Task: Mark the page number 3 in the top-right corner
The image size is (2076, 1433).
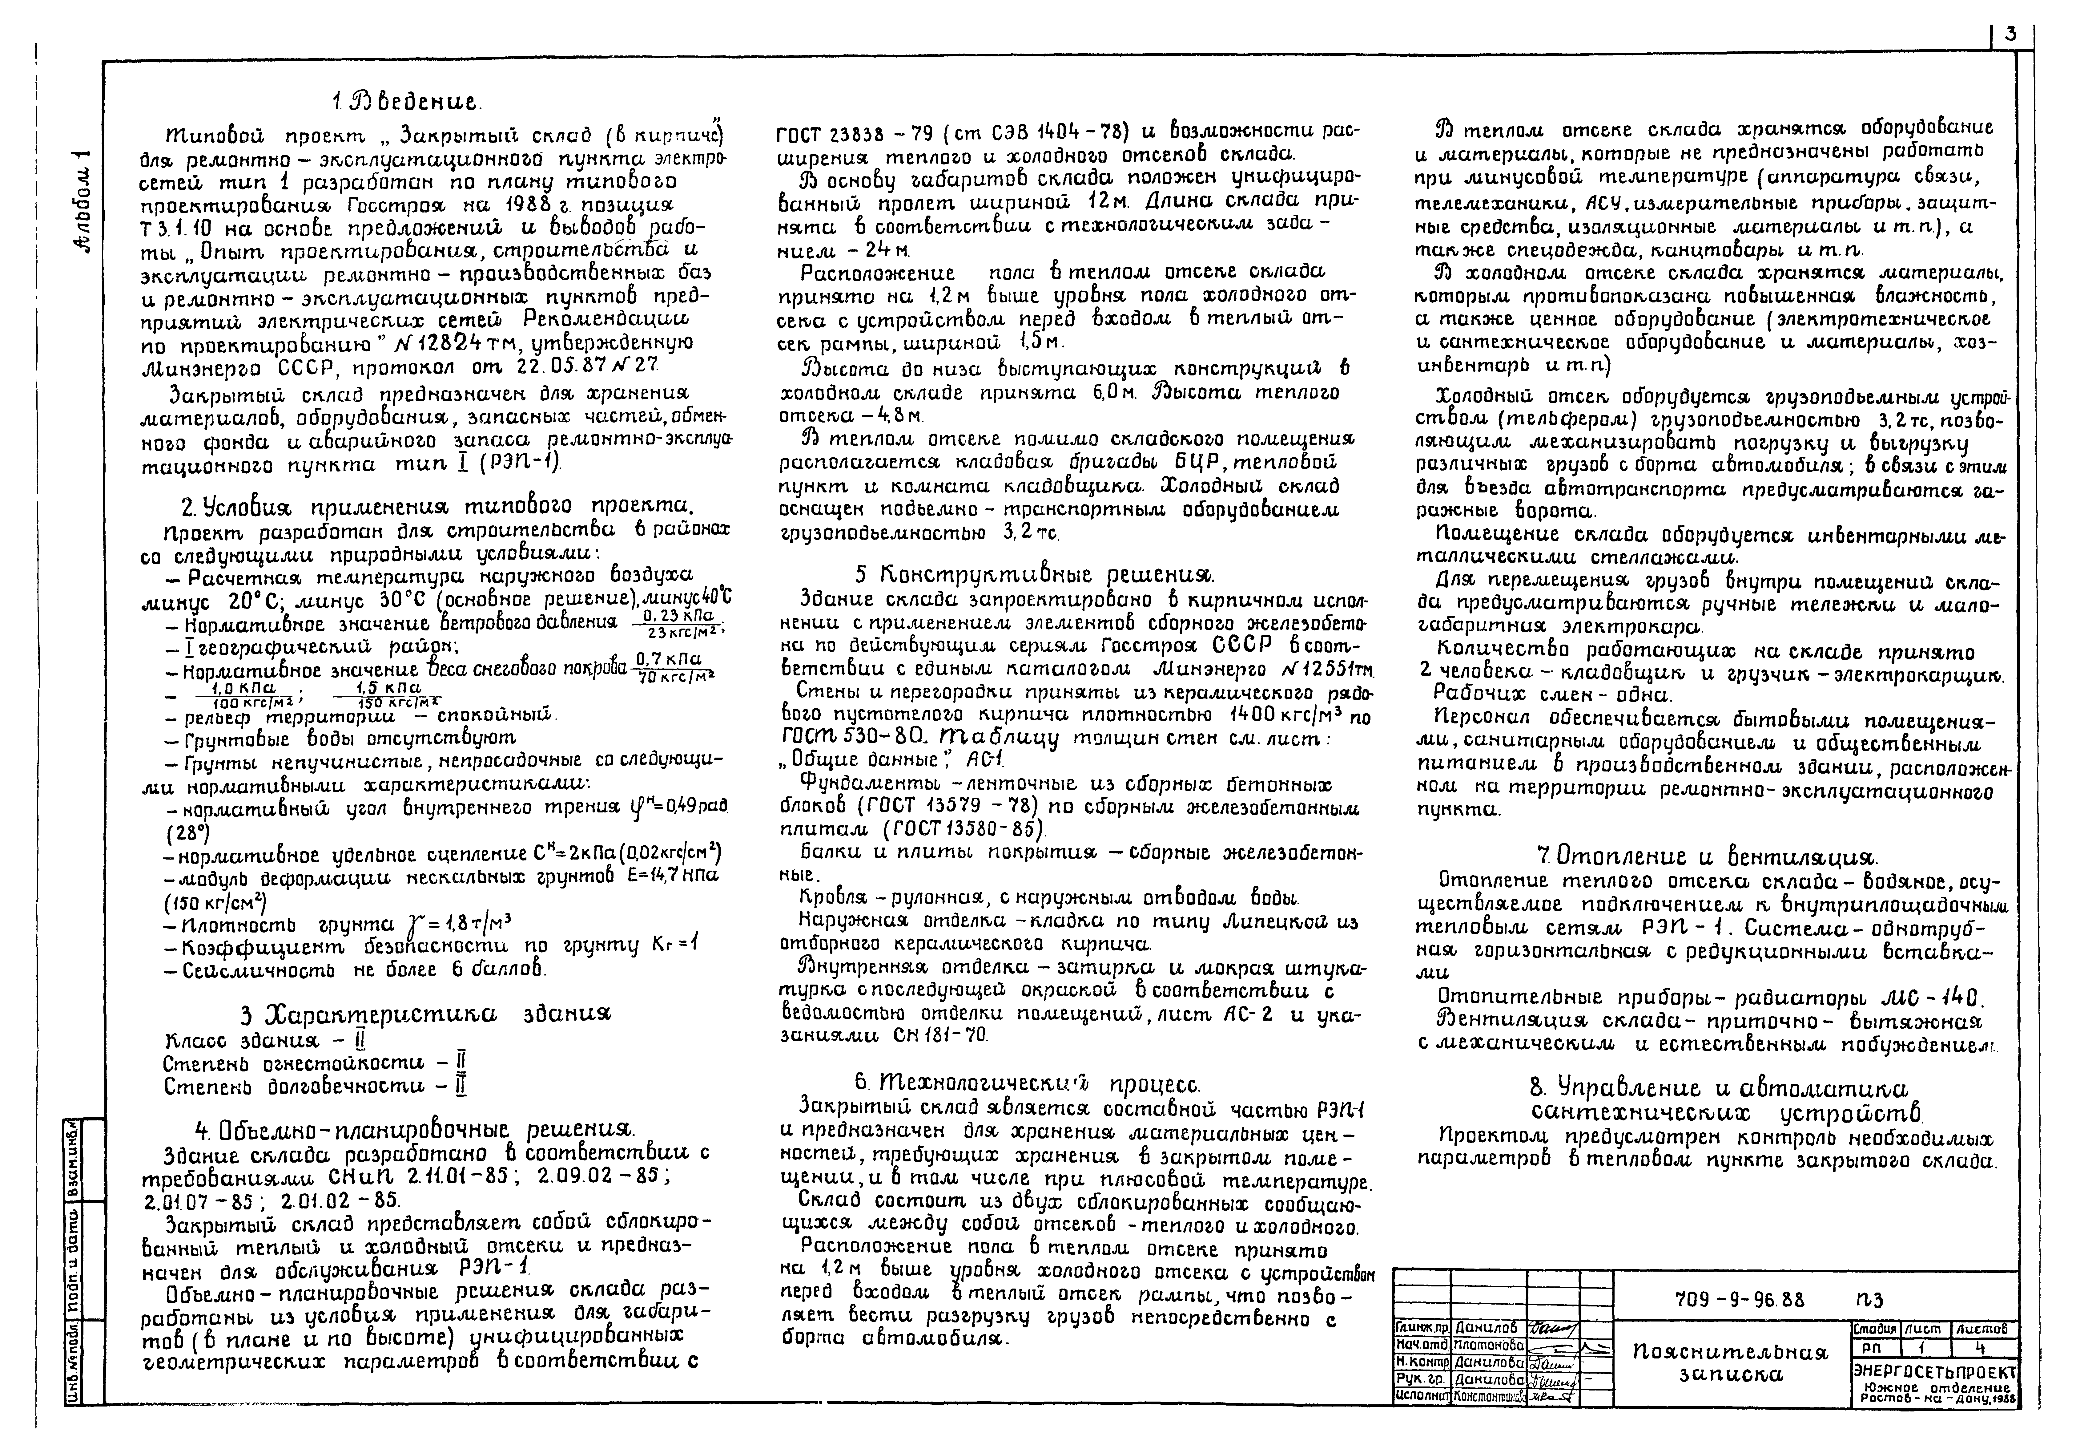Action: point(2010,59)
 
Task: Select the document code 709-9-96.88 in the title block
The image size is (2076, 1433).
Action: point(1740,1299)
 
